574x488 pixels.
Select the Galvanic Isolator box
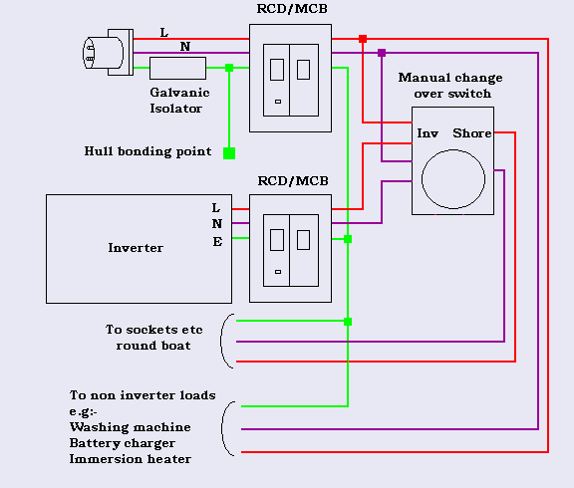click(177, 68)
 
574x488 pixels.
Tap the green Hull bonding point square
click(229, 153)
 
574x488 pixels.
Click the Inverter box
click(136, 248)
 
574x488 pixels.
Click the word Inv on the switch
click(428, 132)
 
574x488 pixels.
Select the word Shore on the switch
click(472, 132)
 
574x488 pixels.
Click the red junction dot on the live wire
click(363, 39)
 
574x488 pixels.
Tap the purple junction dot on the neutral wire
click(382, 52)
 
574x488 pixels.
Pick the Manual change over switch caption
click(450, 86)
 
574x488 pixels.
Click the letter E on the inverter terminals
click(216, 240)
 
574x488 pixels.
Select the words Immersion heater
click(130, 459)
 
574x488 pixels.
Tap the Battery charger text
click(122, 443)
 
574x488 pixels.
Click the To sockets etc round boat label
click(147, 337)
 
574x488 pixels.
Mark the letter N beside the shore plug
click(184, 46)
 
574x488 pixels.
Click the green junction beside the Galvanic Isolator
click(229, 68)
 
